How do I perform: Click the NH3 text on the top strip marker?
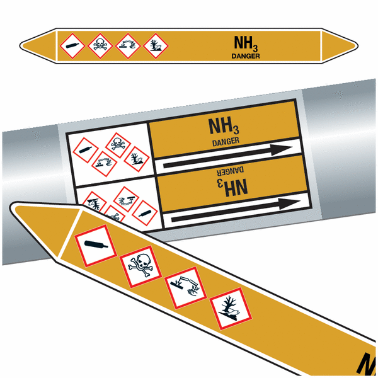(246, 43)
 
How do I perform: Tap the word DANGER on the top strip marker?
(246, 56)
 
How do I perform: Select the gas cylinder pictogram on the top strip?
(72, 46)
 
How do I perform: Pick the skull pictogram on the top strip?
(100, 46)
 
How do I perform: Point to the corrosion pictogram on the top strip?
(128, 46)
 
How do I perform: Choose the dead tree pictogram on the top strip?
(156, 46)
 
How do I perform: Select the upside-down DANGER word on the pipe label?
(230, 171)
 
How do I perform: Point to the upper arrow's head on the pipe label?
(282, 150)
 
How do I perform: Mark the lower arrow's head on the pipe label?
(289, 203)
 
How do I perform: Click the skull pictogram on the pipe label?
(118, 145)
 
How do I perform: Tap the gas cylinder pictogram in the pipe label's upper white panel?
(85, 150)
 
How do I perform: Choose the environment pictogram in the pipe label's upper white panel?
(137, 159)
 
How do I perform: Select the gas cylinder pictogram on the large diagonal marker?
(96, 246)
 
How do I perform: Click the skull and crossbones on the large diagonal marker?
(140, 266)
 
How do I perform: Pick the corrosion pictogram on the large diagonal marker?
(186, 288)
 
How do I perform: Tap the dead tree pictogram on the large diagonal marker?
(231, 309)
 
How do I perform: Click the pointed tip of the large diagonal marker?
(11, 207)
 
